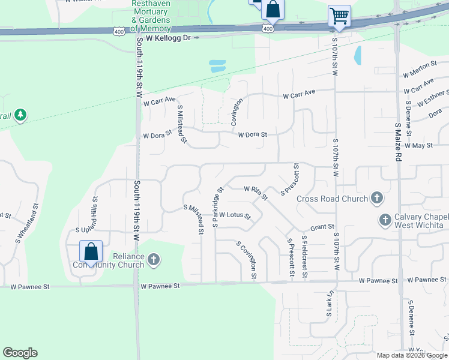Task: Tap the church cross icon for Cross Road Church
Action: pos(376,197)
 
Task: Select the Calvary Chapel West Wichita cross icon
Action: pos(385,220)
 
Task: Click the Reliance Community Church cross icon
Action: pos(154,260)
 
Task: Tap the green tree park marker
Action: pos(20,114)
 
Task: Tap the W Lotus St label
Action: pos(235,215)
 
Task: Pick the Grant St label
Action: pos(322,227)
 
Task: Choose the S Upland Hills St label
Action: pos(94,213)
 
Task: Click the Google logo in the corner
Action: pos(20,353)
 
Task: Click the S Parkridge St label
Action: pos(217,207)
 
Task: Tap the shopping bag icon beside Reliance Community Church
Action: pos(91,251)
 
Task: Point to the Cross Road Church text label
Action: pos(332,199)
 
